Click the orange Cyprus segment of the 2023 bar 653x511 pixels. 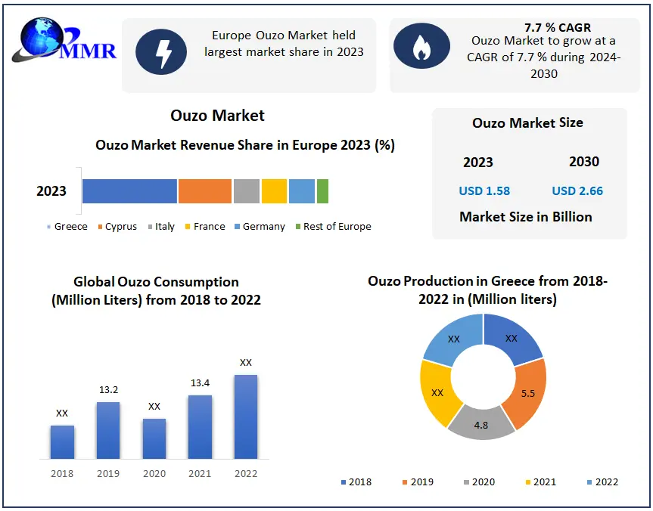point(205,191)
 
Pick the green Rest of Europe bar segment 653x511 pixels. point(322,191)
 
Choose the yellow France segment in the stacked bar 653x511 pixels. point(274,191)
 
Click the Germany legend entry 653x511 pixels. point(260,227)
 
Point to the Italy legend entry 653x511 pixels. point(161,227)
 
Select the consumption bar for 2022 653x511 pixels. point(246,417)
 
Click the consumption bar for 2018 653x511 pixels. point(62,442)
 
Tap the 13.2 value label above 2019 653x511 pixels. point(108,390)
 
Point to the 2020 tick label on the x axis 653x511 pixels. point(154,474)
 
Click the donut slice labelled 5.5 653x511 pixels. point(524,393)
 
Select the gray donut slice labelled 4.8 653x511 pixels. point(481,423)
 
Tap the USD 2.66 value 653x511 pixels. point(577,190)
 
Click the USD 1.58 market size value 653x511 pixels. point(484,190)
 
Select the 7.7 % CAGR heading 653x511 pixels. point(558,28)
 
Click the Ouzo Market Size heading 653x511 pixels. point(527,122)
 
